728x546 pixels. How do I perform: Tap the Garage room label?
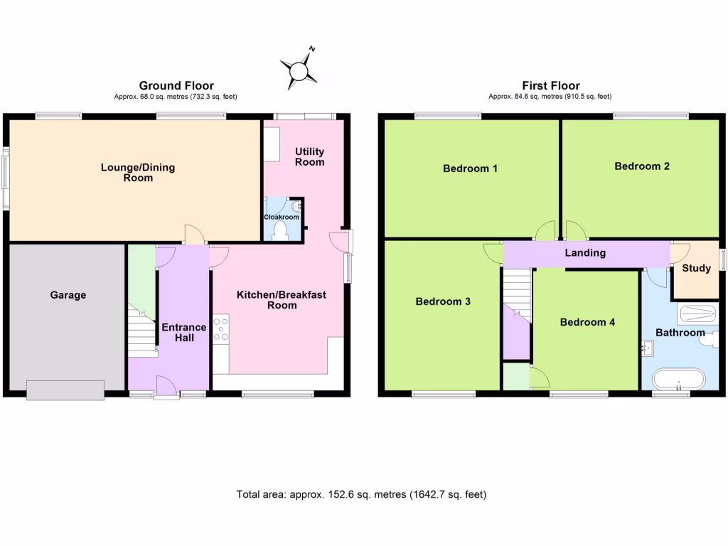click(68, 295)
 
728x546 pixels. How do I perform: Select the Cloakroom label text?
click(282, 218)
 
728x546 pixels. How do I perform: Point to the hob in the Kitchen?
click(220, 329)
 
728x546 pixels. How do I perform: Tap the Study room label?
click(696, 269)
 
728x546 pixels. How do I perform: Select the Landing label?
click(585, 253)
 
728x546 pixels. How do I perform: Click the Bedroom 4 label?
click(587, 322)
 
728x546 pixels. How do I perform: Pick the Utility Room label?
click(310, 156)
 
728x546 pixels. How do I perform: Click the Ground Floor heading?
click(176, 85)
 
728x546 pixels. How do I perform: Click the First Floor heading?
click(550, 85)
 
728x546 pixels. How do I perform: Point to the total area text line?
click(361, 494)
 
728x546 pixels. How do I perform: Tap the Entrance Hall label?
click(183, 332)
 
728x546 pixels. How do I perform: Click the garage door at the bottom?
click(65, 389)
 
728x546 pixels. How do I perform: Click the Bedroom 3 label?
click(443, 301)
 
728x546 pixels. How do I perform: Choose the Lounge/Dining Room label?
click(138, 173)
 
